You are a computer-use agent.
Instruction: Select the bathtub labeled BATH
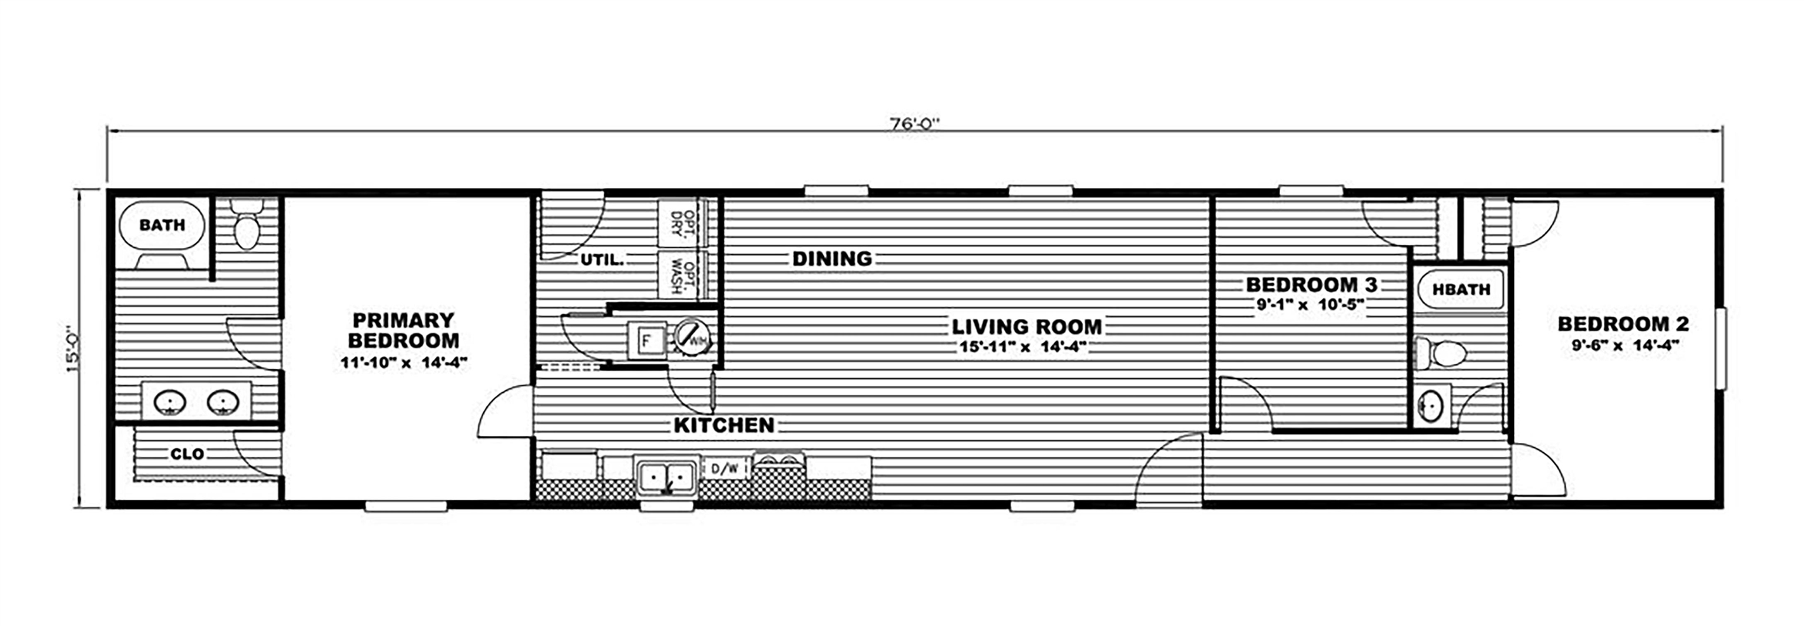point(161,226)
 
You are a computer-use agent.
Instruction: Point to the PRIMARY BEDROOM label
point(403,331)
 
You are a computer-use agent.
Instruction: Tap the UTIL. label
point(601,260)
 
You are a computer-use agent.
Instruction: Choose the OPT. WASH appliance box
point(679,275)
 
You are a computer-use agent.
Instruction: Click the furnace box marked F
point(647,341)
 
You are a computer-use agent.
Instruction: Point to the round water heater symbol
point(692,338)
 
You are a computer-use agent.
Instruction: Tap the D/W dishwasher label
point(724,469)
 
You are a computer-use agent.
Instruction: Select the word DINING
point(832,259)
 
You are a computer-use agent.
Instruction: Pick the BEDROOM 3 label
point(1311,285)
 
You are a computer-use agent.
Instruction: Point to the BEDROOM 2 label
point(1623,324)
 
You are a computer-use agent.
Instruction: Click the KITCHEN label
point(724,425)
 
